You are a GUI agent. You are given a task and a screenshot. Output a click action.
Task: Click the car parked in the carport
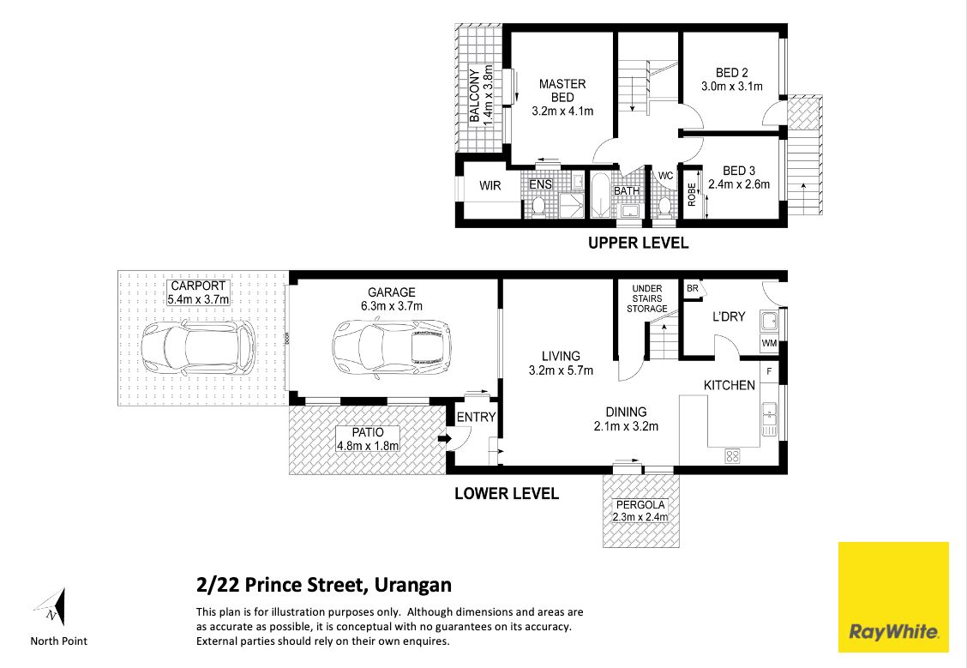pyautogui.click(x=198, y=346)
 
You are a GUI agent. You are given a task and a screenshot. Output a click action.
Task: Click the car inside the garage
pyautogui.click(x=391, y=346)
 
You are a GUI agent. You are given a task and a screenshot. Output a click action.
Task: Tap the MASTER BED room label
pyautogui.click(x=562, y=91)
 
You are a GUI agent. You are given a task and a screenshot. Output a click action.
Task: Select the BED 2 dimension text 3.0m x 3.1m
pyautogui.click(x=732, y=87)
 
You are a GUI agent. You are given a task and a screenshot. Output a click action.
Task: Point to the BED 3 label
pyautogui.click(x=739, y=171)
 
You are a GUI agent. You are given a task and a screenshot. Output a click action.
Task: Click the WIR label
pyautogui.click(x=490, y=186)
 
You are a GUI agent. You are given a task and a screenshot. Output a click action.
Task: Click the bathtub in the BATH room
pyautogui.click(x=601, y=195)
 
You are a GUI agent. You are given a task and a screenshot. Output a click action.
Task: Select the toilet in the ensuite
pyautogui.click(x=537, y=206)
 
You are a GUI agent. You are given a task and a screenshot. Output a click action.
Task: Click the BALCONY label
pyautogui.click(x=474, y=95)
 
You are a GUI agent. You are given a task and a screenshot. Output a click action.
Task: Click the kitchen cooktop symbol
pyautogui.click(x=732, y=456)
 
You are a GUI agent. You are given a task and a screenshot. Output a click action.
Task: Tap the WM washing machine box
pyautogui.click(x=769, y=343)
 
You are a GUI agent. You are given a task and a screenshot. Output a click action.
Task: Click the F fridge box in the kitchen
pyautogui.click(x=769, y=372)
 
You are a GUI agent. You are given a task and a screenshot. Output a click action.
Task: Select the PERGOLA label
pyautogui.click(x=640, y=504)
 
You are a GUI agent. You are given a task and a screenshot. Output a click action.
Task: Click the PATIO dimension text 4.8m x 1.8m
pyautogui.click(x=368, y=446)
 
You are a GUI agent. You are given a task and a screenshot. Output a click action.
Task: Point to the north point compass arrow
pyautogui.click(x=51, y=607)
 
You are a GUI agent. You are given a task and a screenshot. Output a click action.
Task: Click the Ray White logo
pyautogui.click(x=893, y=597)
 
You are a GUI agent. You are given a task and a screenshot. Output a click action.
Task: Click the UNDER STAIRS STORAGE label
pyautogui.click(x=647, y=298)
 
